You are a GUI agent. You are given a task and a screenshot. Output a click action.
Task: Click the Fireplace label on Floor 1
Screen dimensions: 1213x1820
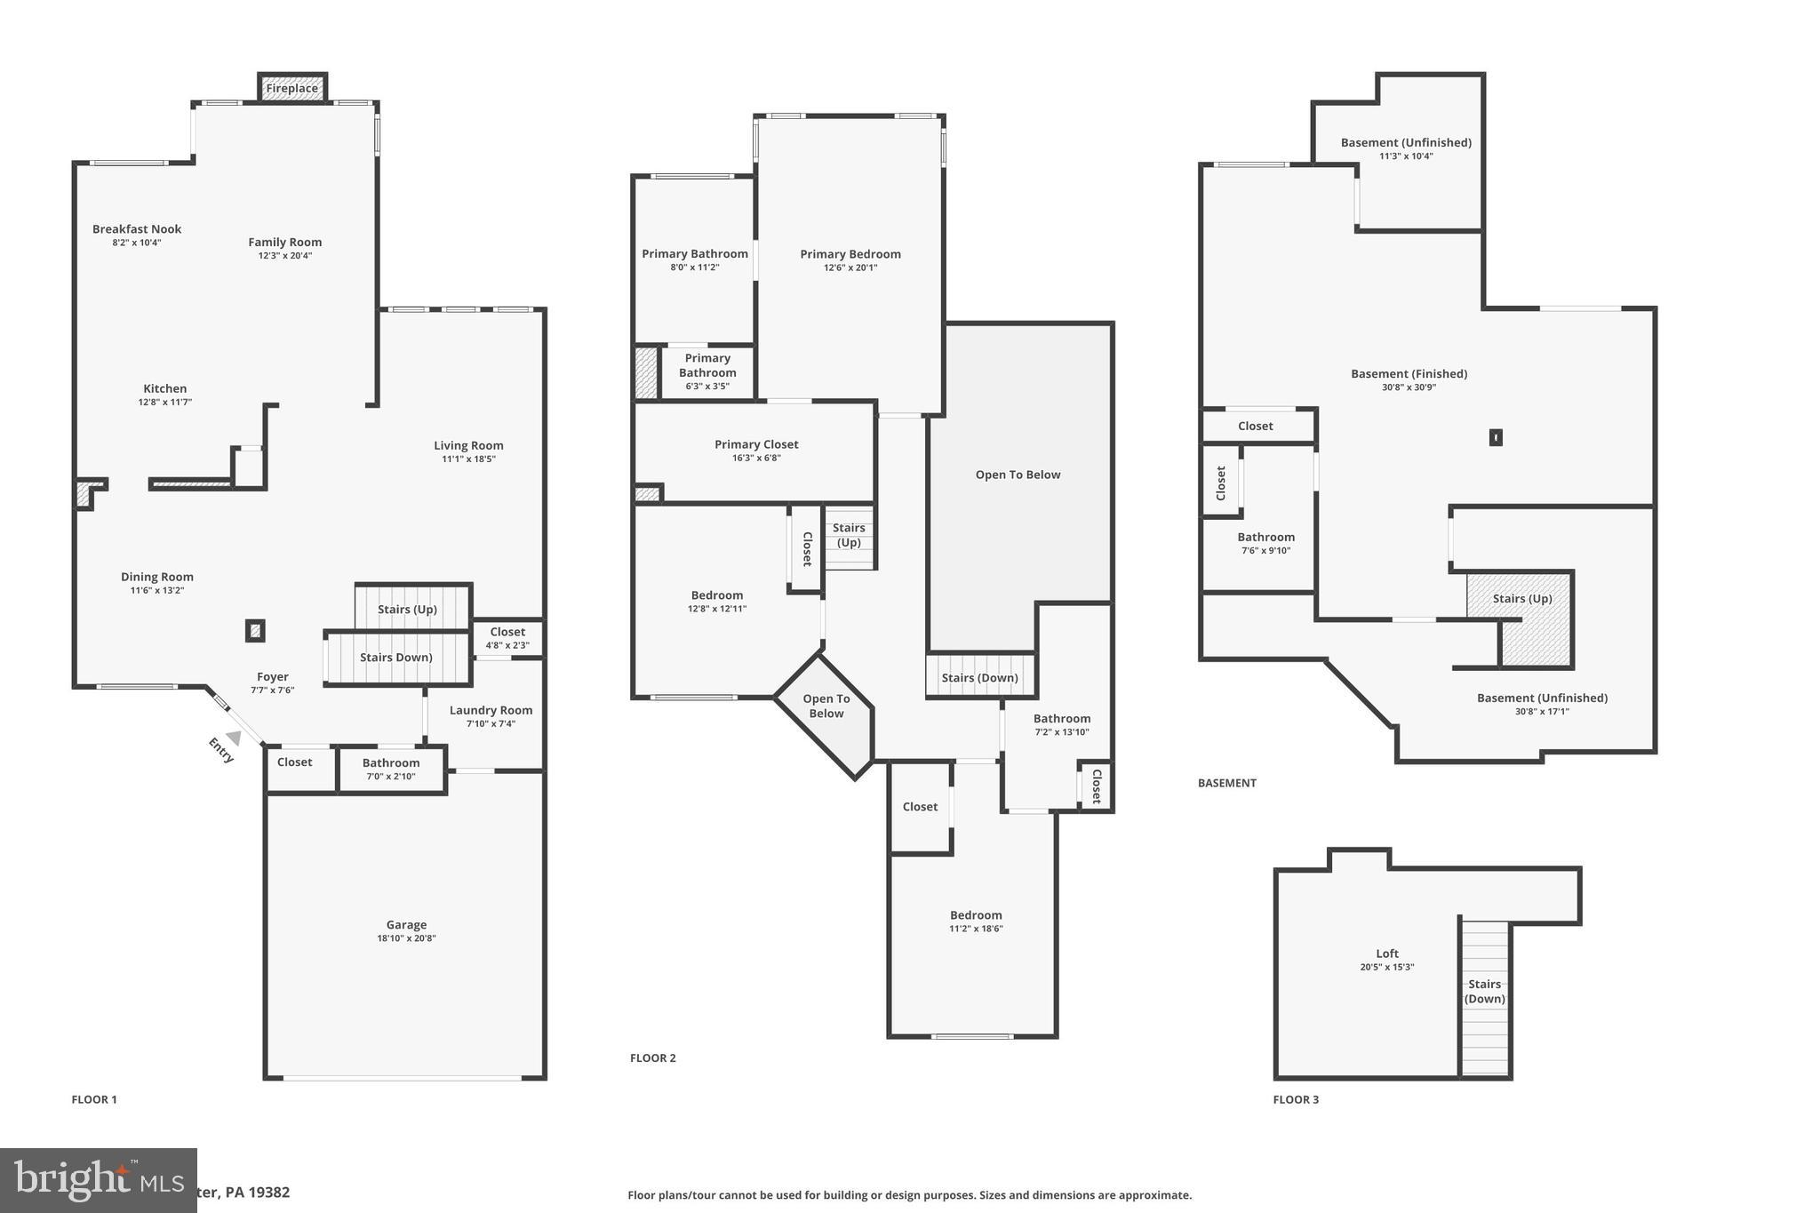click(x=291, y=88)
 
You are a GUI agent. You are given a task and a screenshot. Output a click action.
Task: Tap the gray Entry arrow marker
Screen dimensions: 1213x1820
click(x=234, y=738)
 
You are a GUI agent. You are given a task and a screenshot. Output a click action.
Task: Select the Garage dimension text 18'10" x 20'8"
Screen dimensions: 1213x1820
click(x=406, y=938)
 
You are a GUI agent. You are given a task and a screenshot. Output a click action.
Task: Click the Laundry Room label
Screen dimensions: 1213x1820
click(x=491, y=710)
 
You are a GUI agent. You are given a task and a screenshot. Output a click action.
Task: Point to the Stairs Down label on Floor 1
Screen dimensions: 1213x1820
click(x=395, y=658)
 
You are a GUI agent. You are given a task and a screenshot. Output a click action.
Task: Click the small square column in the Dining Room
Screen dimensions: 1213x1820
click(x=255, y=631)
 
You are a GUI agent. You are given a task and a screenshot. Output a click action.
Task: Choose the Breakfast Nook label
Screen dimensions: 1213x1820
click(x=137, y=229)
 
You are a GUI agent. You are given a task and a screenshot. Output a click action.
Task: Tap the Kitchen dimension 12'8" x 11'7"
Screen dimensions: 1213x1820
click(x=164, y=403)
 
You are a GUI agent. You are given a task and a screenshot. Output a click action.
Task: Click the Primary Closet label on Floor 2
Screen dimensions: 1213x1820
click(x=756, y=444)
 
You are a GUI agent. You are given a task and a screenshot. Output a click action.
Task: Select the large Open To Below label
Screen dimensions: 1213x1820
click(x=1018, y=475)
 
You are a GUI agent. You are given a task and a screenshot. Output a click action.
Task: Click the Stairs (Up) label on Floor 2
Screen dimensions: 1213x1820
click(x=849, y=535)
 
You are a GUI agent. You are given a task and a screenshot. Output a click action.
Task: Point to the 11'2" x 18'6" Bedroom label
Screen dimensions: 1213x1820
click(x=976, y=915)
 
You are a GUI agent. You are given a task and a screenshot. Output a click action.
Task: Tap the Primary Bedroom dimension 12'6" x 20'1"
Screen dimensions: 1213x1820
click(x=850, y=267)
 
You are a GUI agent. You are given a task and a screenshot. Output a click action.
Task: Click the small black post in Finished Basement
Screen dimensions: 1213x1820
click(x=1496, y=437)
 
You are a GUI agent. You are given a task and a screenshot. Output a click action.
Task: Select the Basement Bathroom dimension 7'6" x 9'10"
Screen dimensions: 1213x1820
click(x=1265, y=551)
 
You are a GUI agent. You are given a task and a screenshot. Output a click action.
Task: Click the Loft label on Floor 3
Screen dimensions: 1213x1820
click(x=1386, y=954)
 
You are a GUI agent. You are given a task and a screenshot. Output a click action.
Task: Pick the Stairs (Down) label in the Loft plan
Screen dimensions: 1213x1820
click(x=1484, y=991)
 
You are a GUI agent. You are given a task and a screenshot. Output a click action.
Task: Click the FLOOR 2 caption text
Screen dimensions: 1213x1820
click(x=652, y=1057)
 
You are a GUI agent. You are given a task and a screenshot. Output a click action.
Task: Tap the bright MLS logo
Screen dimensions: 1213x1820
click(x=98, y=1180)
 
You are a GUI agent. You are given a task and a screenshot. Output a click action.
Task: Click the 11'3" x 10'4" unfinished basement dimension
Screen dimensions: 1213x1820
click(x=1406, y=156)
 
